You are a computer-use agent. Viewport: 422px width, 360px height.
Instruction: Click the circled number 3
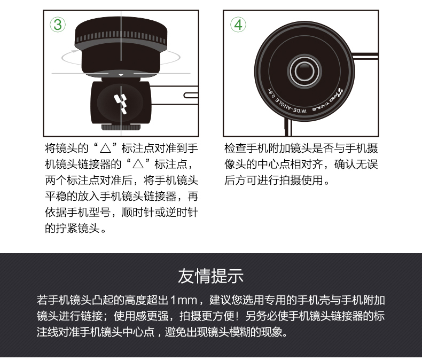coord(58,25)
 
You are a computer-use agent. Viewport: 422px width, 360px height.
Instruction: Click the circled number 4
coord(238,25)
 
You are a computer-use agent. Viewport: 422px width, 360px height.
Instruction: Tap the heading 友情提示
coord(210,276)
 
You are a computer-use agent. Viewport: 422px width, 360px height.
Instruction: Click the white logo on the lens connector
coord(121,104)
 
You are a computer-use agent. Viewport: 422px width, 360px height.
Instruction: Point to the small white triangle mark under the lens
coord(121,75)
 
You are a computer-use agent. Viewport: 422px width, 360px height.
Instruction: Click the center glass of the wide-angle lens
coord(304,71)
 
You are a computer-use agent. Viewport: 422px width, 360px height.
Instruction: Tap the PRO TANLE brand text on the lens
coord(327,101)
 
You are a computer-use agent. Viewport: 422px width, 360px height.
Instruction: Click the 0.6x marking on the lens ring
coord(272,94)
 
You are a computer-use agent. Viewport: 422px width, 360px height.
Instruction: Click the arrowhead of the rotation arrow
coord(75,50)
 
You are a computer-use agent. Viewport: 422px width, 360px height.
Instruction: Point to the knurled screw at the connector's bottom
coord(121,128)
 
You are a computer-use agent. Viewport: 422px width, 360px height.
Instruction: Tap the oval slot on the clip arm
coord(191,95)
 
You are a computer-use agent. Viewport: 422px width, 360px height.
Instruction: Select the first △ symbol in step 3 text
coord(105,148)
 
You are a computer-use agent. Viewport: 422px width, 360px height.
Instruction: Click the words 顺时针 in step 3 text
coord(138,212)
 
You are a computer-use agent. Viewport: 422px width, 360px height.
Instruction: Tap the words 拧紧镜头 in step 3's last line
coord(78,229)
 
